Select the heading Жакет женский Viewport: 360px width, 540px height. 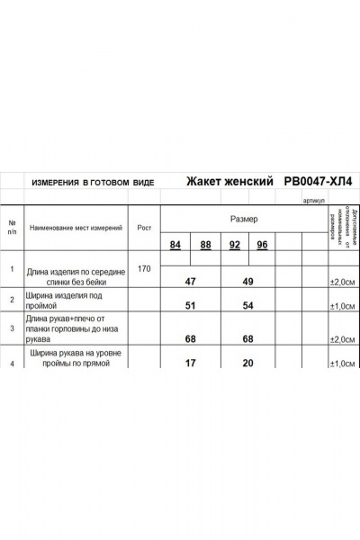(x=229, y=181)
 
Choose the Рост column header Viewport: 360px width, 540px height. (x=144, y=229)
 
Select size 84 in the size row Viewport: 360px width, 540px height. (x=175, y=246)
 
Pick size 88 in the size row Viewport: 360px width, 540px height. (x=205, y=246)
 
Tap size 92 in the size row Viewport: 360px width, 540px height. (x=235, y=246)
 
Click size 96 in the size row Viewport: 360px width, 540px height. (x=263, y=246)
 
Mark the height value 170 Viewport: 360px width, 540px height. (x=144, y=269)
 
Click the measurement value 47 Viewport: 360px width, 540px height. (x=190, y=282)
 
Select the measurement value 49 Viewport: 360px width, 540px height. (x=247, y=282)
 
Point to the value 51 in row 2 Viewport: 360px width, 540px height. (x=190, y=306)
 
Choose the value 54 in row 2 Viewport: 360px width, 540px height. (x=247, y=306)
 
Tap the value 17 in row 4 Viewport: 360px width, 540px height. (x=190, y=364)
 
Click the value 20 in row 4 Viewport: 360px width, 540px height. (x=247, y=364)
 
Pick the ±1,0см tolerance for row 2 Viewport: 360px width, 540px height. (x=341, y=306)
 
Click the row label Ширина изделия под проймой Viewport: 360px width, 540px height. (x=65, y=301)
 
